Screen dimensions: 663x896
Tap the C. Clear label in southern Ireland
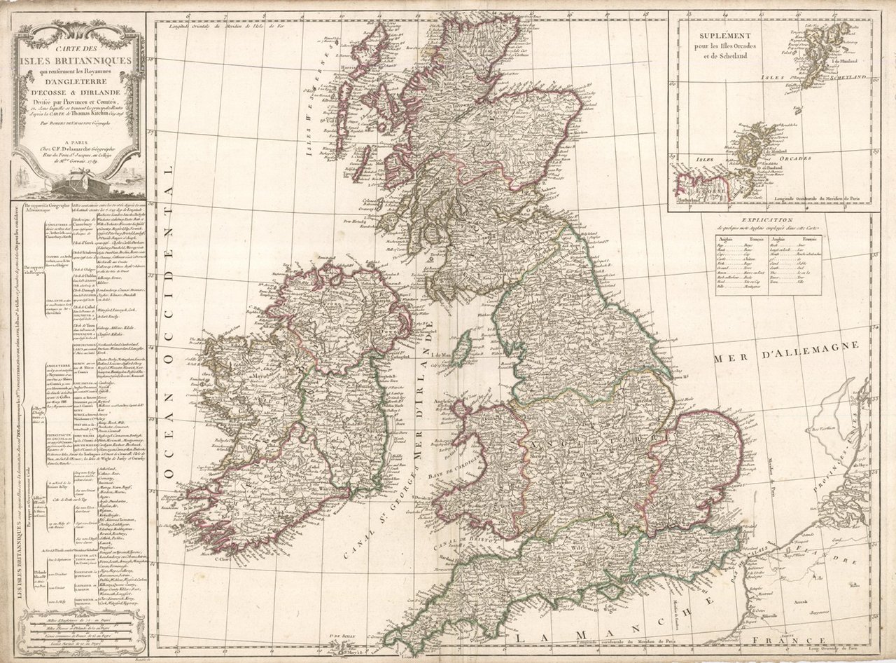click(221, 559)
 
